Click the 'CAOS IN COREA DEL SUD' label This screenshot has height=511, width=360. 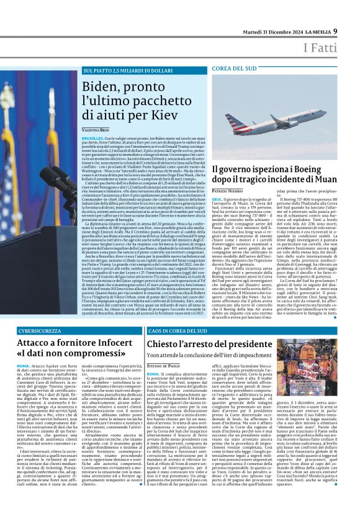pyautogui.click(x=178, y=332)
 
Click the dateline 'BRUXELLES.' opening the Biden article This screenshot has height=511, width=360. pyautogui.click(x=92, y=137)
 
